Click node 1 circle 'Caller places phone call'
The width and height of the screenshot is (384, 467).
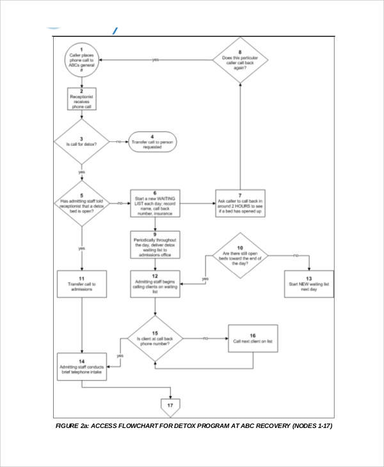coord(81,61)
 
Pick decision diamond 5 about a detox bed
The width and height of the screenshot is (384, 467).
coord(81,204)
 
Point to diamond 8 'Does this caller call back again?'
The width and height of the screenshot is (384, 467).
coord(240,61)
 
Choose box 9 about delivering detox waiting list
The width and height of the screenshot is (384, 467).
coord(154,245)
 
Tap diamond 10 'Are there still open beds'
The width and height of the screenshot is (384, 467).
coord(240,257)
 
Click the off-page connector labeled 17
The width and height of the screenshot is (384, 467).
coord(171,406)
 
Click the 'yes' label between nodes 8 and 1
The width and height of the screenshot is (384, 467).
coord(156,60)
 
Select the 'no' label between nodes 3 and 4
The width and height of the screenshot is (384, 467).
coord(119,141)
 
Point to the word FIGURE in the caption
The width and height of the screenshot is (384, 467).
coord(68,426)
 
